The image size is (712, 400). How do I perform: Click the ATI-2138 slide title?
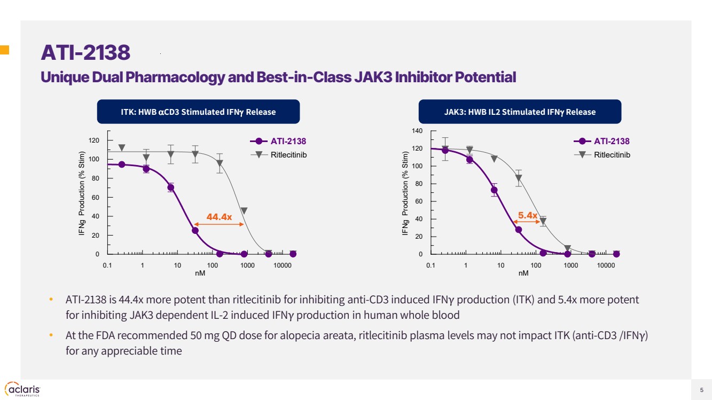point(85,53)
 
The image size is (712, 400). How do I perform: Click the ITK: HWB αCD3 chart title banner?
point(198,112)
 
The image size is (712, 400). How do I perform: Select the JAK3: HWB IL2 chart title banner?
point(520,112)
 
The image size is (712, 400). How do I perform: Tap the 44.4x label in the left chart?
point(219,216)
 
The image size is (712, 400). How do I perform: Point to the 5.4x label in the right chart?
point(528,215)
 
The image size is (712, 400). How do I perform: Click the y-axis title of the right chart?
point(405,193)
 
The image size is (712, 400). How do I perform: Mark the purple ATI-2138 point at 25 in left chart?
point(195,231)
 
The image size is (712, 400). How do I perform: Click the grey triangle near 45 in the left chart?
point(244,211)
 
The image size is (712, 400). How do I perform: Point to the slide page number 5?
point(701,389)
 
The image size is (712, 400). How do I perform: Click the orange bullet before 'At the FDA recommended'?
point(51,335)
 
